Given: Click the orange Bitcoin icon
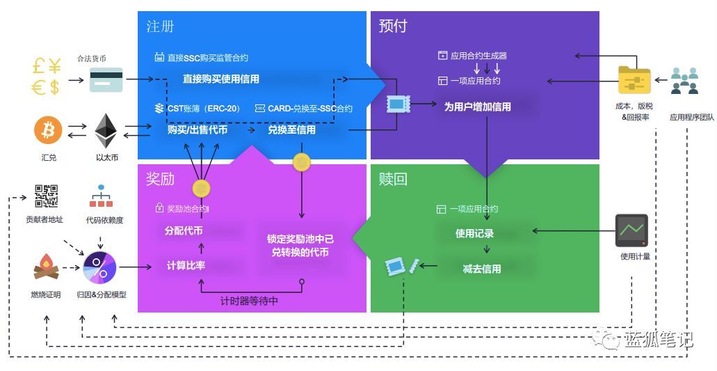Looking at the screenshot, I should pos(49,129).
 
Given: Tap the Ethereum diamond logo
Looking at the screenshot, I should pos(106,129).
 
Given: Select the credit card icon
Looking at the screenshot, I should pos(106,80).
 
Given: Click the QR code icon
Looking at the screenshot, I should pos(46,196).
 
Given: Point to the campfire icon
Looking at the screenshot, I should pos(45,267).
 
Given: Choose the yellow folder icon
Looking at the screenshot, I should pos(634,81).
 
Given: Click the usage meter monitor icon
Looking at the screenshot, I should pos(631,230).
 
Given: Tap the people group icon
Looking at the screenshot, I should pos(684,80).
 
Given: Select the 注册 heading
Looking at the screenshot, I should pos(160,26).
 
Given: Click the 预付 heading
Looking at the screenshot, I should pos(393,26).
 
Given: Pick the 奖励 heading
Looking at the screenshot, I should pos(160,179).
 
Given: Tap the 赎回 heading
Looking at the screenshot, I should pos(393,179).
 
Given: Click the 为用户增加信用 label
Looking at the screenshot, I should pos(477,106).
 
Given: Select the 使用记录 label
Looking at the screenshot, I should pos(474,233).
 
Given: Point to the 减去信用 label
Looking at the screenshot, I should pos(481,268).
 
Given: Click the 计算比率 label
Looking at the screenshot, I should pos(186,265).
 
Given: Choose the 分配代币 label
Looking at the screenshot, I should pos(184,230).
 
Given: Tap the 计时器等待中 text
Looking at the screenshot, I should pos(248,301).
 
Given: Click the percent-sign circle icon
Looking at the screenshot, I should pos(99,267).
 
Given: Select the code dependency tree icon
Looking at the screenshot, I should pos(101,196).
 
